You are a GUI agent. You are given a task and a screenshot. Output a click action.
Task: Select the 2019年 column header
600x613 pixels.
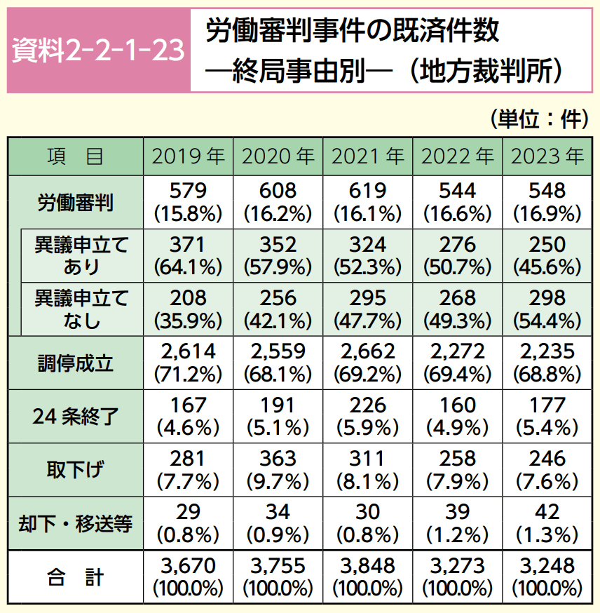(187, 156)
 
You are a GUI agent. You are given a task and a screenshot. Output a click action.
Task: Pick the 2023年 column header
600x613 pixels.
(547, 156)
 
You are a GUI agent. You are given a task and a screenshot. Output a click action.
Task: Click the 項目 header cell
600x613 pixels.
(76, 156)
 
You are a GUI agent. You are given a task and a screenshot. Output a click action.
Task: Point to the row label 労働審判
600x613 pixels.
(76, 202)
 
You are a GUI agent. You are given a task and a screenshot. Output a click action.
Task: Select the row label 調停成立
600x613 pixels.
(76, 363)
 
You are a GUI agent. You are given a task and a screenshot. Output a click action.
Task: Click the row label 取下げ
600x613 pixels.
(76, 470)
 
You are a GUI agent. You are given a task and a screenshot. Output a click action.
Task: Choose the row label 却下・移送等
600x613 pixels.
(76, 524)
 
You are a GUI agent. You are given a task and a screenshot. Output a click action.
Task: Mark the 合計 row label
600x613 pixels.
(76, 577)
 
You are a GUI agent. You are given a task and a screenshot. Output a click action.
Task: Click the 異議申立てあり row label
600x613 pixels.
(83, 255)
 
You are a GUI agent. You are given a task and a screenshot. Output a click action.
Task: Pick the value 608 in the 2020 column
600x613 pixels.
(278, 191)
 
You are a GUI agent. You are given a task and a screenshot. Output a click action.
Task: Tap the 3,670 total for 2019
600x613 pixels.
(187, 566)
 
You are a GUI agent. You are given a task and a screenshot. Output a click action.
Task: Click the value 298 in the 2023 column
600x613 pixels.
(547, 298)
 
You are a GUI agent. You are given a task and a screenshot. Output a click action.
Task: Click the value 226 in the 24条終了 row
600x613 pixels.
(367, 405)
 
